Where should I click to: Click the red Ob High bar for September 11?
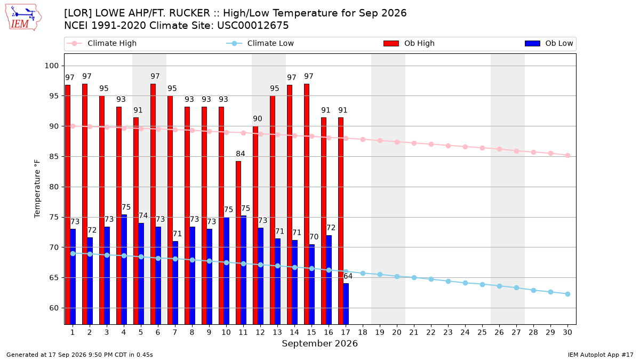pyautogui.click(x=238, y=243)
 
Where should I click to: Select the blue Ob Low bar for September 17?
pyautogui.click(x=346, y=304)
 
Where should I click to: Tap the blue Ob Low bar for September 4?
pyautogui.click(x=124, y=270)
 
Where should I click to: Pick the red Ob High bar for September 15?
pyautogui.click(x=307, y=204)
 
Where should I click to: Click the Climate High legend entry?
pyautogui.click(x=102, y=43)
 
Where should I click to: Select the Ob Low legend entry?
pyautogui.click(x=549, y=43)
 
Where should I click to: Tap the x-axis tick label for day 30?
pyautogui.click(x=567, y=332)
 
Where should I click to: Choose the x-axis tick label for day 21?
pyautogui.click(x=414, y=332)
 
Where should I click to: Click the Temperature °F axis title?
pyautogui.click(x=37, y=189)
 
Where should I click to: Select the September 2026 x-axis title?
pyautogui.click(x=319, y=343)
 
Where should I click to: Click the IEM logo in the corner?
pyautogui.click(x=23, y=18)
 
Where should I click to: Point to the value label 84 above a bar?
pyautogui.click(x=241, y=154)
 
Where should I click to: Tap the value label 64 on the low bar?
pyautogui.click(x=348, y=276)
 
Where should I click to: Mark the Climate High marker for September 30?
pyautogui.click(x=567, y=156)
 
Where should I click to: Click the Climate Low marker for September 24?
pyautogui.click(x=465, y=283)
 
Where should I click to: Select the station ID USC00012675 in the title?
pyautogui.click(x=253, y=26)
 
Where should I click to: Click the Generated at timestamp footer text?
pyautogui.click(x=79, y=355)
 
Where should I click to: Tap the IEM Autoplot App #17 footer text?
pyautogui.click(x=601, y=355)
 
